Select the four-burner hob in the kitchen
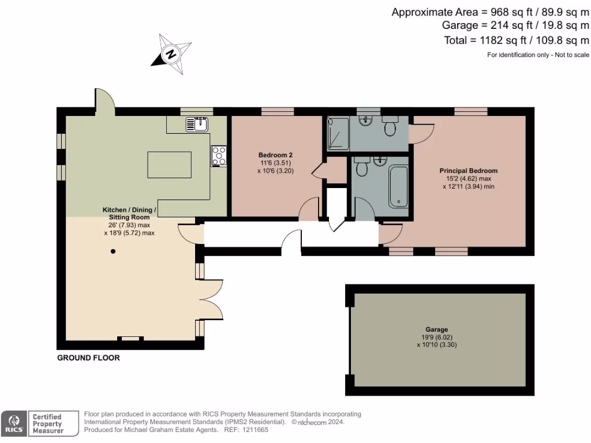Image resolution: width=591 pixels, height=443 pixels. pos(219,156)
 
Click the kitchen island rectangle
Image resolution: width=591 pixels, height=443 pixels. pos(170,164)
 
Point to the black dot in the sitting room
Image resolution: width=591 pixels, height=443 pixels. pos(113,251)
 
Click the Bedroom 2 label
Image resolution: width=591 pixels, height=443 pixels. pos(275,155)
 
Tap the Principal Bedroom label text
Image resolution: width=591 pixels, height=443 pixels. pos(468,171)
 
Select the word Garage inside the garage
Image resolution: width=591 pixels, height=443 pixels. pos(437,329)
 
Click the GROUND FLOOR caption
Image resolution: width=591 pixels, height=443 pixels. pos(88,358)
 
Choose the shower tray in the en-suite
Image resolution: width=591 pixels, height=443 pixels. pos(338,134)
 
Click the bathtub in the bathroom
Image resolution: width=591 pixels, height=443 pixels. pos(399,186)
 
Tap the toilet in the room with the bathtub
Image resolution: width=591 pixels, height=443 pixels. pos(362,167)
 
